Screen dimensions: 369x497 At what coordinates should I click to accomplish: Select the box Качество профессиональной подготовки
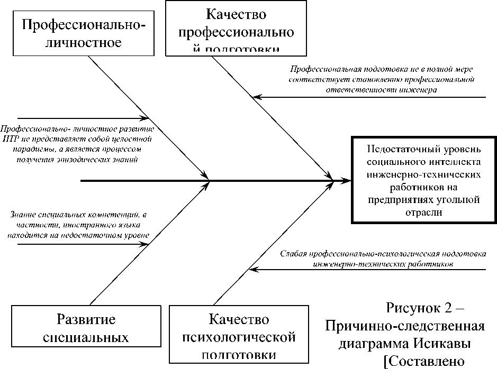pyautogui.click(x=236, y=27)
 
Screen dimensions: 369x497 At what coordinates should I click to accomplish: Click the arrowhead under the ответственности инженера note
pyautogui.click(x=255, y=97)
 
